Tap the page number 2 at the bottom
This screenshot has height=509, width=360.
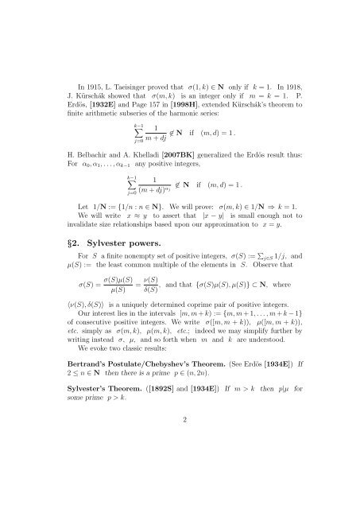pyautogui.click(x=180, y=480)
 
